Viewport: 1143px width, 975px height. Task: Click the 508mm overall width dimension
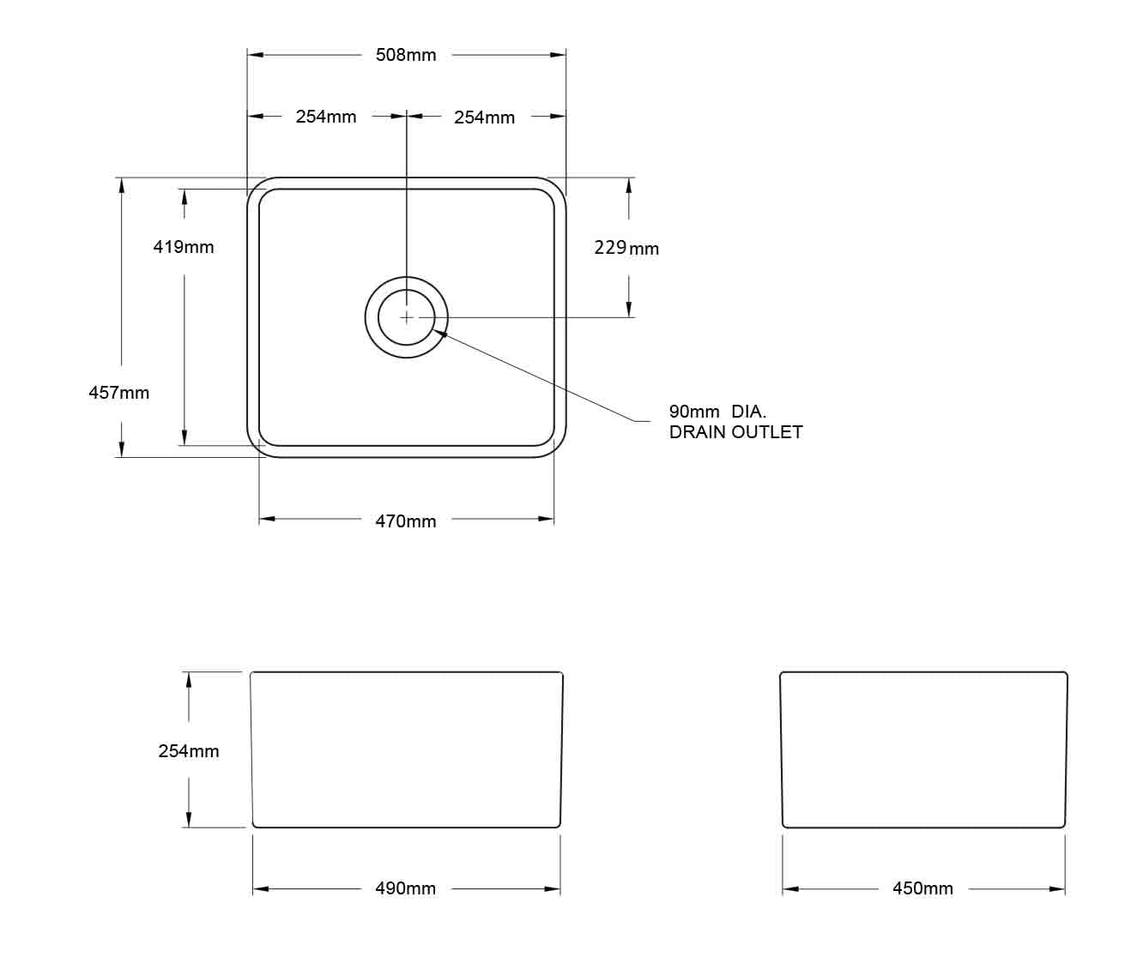[x=406, y=55]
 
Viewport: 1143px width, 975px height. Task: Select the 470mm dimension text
[x=406, y=521]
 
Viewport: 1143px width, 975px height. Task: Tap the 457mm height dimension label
[x=119, y=393]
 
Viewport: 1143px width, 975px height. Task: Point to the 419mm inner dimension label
[x=184, y=247]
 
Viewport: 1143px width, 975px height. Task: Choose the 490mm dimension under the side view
[x=406, y=888]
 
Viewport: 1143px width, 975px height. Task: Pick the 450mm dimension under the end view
[x=922, y=888]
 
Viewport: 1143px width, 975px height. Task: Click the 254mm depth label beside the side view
[x=189, y=751]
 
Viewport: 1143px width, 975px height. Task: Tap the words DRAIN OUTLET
[x=735, y=432]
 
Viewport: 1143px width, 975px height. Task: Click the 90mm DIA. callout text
[x=717, y=412]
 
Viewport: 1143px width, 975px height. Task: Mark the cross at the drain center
[x=407, y=317]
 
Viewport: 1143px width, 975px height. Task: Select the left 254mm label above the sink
[x=326, y=117]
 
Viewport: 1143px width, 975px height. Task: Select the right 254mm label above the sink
[x=484, y=117]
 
